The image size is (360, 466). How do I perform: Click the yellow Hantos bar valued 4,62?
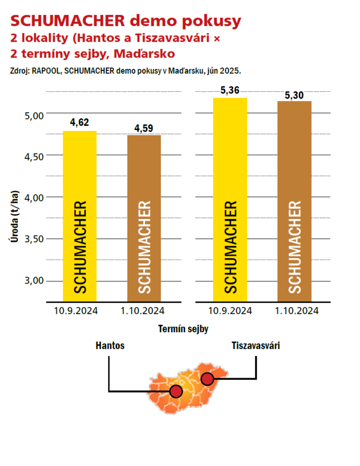coord(80,216)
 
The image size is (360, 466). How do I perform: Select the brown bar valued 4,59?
coord(144,218)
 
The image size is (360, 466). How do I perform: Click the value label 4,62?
coord(80,123)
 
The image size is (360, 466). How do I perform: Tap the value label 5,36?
coord(230,90)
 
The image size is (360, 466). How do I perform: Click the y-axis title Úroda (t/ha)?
coord(16,221)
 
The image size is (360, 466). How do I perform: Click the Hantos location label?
coord(110,346)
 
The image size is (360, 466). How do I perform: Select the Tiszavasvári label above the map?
coord(256,346)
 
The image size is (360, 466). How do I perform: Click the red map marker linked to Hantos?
coord(176,392)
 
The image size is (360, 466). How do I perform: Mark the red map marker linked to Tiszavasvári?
coord(207,379)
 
